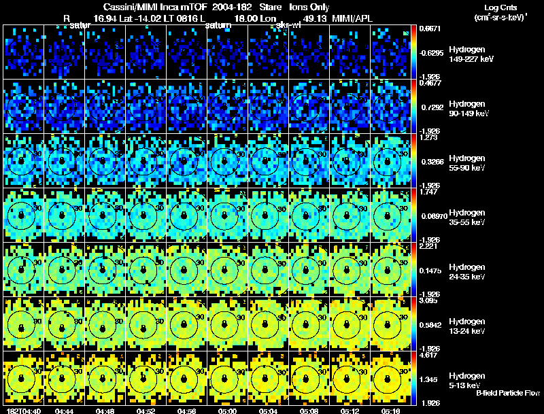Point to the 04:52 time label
(146, 410)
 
